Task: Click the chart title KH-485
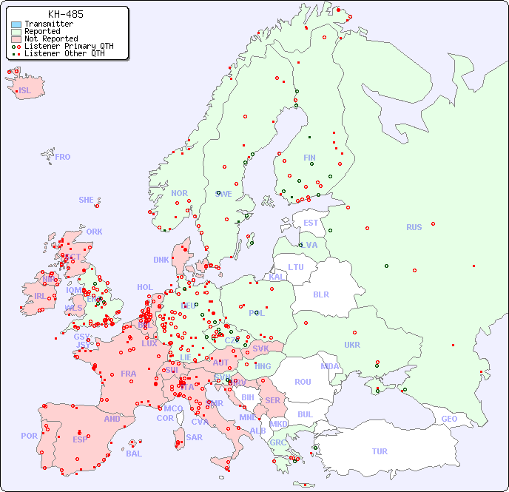click(x=65, y=14)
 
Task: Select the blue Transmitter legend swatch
click(x=16, y=24)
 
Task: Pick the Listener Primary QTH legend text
click(x=69, y=46)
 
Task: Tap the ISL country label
click(x=25, y=91)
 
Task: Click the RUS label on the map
click(x=414, y=227)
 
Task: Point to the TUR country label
click(x=380, y=451)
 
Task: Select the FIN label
click(x=309, y=158)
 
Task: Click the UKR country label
click(x=352, y=345)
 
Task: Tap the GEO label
click(x=449, y=419)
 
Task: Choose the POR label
click(x=29, y=436)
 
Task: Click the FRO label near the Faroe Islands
click(x=63, y=157)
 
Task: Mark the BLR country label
click(x=320, y=294)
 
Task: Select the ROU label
click(x=303, y=382)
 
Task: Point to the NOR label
click(x=179, y=193)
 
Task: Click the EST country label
click(x=311, y=223)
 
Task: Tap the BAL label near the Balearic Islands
click(x=134, y=454)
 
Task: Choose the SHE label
click(x=87, y=200)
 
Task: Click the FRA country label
click(x=129, y=374)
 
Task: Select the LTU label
click(x=296, y=267)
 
